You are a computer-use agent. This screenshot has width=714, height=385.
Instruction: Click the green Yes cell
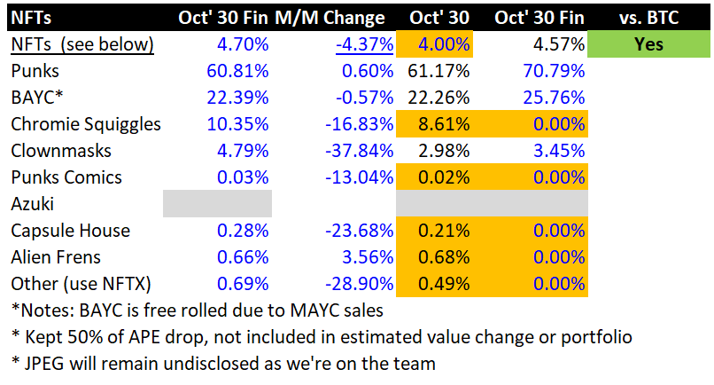(648, 43)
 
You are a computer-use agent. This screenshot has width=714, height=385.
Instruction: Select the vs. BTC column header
(648, 18)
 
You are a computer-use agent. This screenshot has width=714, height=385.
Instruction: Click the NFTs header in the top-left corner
(31, 18)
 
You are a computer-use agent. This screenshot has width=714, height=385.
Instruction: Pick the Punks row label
(35, 70)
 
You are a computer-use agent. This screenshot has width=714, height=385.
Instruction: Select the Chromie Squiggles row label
(86, 123)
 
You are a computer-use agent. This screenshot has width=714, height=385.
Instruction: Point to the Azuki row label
(34, 204)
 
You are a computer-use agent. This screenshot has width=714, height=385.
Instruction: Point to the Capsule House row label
(70, 231)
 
